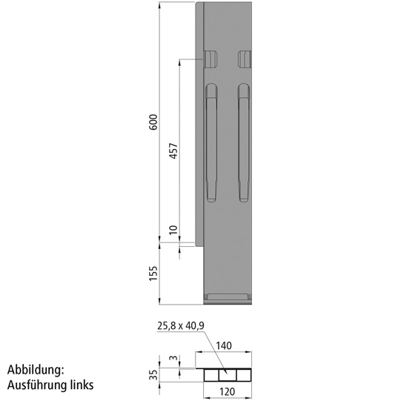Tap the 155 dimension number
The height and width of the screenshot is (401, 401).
[x=153, y=273]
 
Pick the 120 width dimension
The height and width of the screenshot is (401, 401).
[x=228, y=391]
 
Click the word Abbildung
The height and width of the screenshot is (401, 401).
[x=37, y=369]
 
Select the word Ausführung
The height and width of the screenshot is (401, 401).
[x=36, y=385]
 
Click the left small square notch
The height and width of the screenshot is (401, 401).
[x=211, y=59]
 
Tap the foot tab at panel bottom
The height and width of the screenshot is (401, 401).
[x=228, y=298]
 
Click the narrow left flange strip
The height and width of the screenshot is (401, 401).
[x=198, y=126]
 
